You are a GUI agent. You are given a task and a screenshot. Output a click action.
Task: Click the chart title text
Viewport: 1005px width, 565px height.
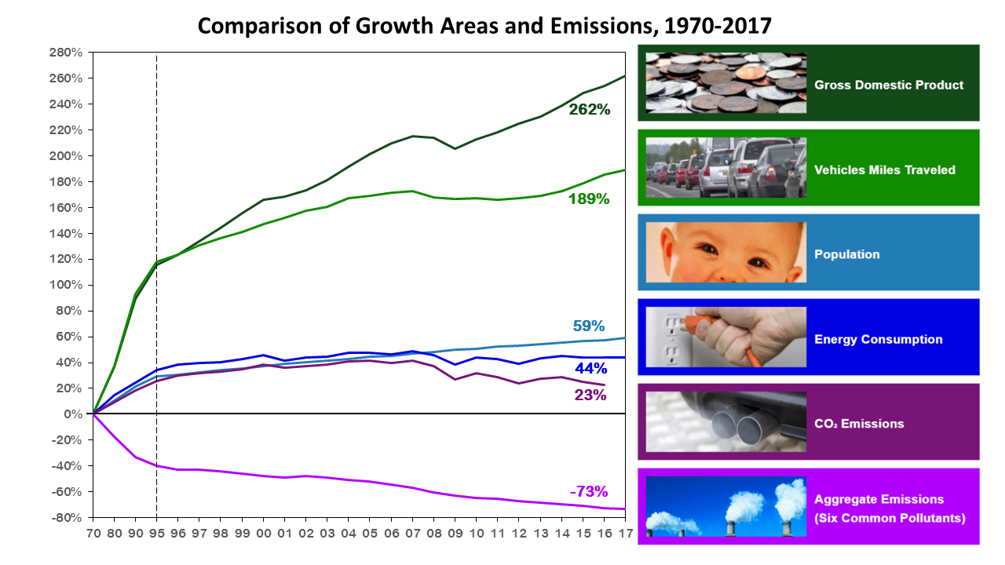tap(484, 26)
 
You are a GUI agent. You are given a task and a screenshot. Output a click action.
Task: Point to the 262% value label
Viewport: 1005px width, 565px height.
tap(590, 110)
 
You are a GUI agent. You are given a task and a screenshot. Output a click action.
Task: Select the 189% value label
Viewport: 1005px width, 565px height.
tap(589, 199)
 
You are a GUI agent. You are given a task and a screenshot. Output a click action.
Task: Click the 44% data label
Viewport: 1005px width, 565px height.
tap(590, 368)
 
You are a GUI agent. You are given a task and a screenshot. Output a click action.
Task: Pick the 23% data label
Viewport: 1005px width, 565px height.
tap(590, 395)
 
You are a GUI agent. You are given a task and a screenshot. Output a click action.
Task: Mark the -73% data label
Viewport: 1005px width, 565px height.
tap(589, 492)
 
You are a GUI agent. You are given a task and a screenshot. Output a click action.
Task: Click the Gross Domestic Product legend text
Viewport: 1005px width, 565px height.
tap(889, 85)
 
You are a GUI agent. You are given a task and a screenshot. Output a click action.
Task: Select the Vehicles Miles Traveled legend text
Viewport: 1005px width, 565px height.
tap(885, 169)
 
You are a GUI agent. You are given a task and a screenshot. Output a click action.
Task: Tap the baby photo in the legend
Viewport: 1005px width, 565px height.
tap(726, 253)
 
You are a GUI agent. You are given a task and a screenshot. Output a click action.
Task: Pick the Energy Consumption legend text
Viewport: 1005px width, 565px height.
tap(879, 339)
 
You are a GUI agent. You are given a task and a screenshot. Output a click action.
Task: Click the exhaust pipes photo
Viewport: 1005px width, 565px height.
tap(726, 421)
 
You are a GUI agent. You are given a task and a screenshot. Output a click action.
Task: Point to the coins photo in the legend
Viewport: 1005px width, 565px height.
tap(726, 83)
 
